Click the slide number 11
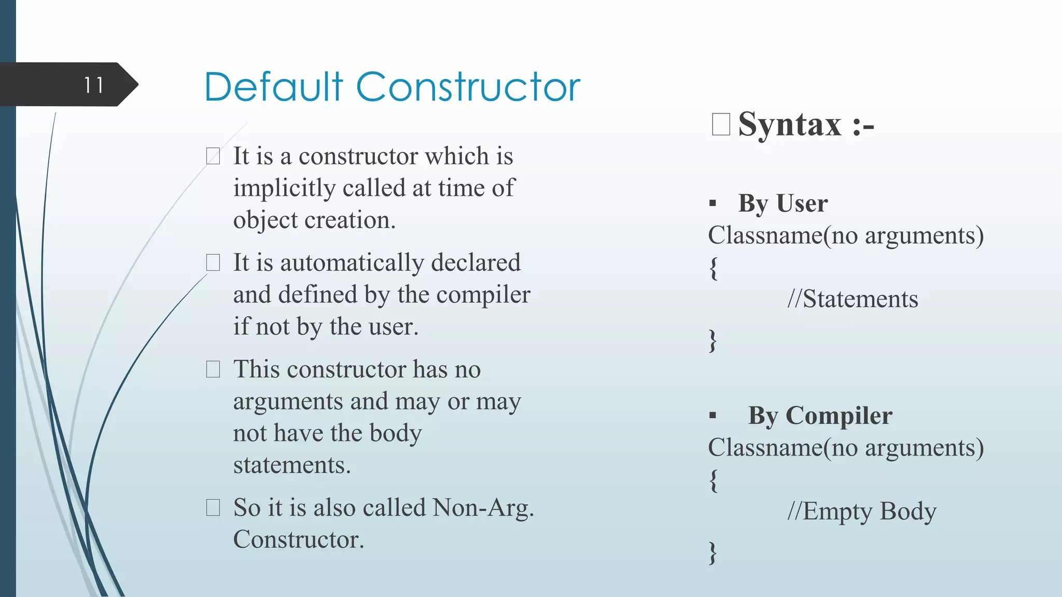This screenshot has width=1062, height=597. coord(94,85)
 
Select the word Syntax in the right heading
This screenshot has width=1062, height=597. coord(789,124)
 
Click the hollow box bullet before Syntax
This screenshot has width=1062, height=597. coord(721,124)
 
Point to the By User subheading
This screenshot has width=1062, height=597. coord(782,203)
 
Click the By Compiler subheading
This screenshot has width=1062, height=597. coord(820,416)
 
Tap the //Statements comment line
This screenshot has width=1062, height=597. coord(853,299)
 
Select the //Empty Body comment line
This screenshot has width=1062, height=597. coord(861,511)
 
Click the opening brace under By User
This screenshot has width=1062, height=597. coord(714,268)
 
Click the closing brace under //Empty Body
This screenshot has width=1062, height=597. coord(714,552)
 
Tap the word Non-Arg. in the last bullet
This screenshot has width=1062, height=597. coord(483,507)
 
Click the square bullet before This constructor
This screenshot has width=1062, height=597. coord(213,369)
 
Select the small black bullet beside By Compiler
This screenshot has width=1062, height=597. coord(712,415)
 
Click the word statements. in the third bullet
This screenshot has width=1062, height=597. coord(292,465)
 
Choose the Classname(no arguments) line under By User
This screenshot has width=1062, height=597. coord(845,236)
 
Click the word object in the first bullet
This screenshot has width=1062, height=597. coord(265,220)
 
